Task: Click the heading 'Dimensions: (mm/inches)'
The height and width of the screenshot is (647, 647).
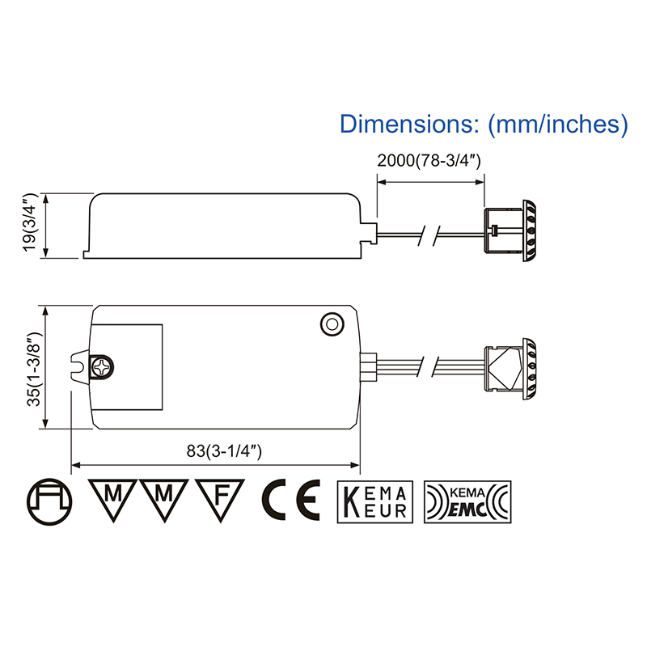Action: (484, 124)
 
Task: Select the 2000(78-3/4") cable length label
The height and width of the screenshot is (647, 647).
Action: (429, 160)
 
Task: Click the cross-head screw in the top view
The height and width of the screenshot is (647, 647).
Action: (103, 367)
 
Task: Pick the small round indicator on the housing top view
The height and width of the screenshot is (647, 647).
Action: (331, 323)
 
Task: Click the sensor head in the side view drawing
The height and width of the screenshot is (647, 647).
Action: (511, 232)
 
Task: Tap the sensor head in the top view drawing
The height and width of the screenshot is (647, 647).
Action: (511, 368)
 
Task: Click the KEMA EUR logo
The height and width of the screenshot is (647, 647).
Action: (375, 501)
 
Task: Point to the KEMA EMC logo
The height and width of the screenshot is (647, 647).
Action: (467, 501)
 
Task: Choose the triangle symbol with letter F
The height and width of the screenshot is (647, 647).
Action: (218, 497)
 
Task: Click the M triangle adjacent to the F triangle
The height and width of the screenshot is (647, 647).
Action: (164, 497)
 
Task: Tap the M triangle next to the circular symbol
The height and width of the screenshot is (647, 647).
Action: (111, 497)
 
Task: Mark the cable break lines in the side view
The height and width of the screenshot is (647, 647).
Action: (427, 235)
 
